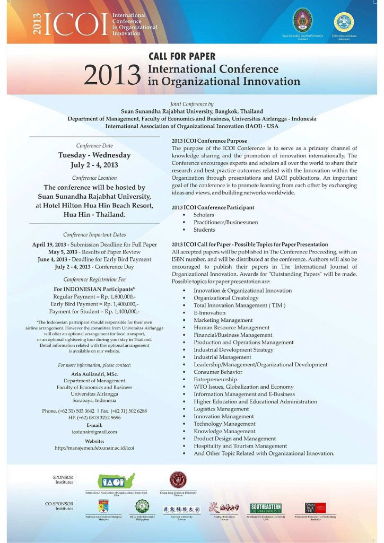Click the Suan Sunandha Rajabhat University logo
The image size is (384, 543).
click(x=303, y=22)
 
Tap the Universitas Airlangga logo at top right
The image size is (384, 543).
click(x=343, y=22)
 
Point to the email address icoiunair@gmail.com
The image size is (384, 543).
click(x=94, y=432)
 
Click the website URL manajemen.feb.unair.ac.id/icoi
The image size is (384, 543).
click(x=94, y=448)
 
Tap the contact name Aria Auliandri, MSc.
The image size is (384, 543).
click(x=94, y=374)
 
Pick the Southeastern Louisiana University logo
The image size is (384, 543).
click(x=266, y=507)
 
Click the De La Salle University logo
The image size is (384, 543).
click(x=142, y=506)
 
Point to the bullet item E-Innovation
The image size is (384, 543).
click(x=210, y=313)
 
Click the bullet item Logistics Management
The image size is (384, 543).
click(x=221, y=409)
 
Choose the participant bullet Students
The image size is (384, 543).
click(x=204, y=230)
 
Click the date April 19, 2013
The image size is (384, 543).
click(x=50, y=244)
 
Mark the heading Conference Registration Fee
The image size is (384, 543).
click(x=94, y=279)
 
